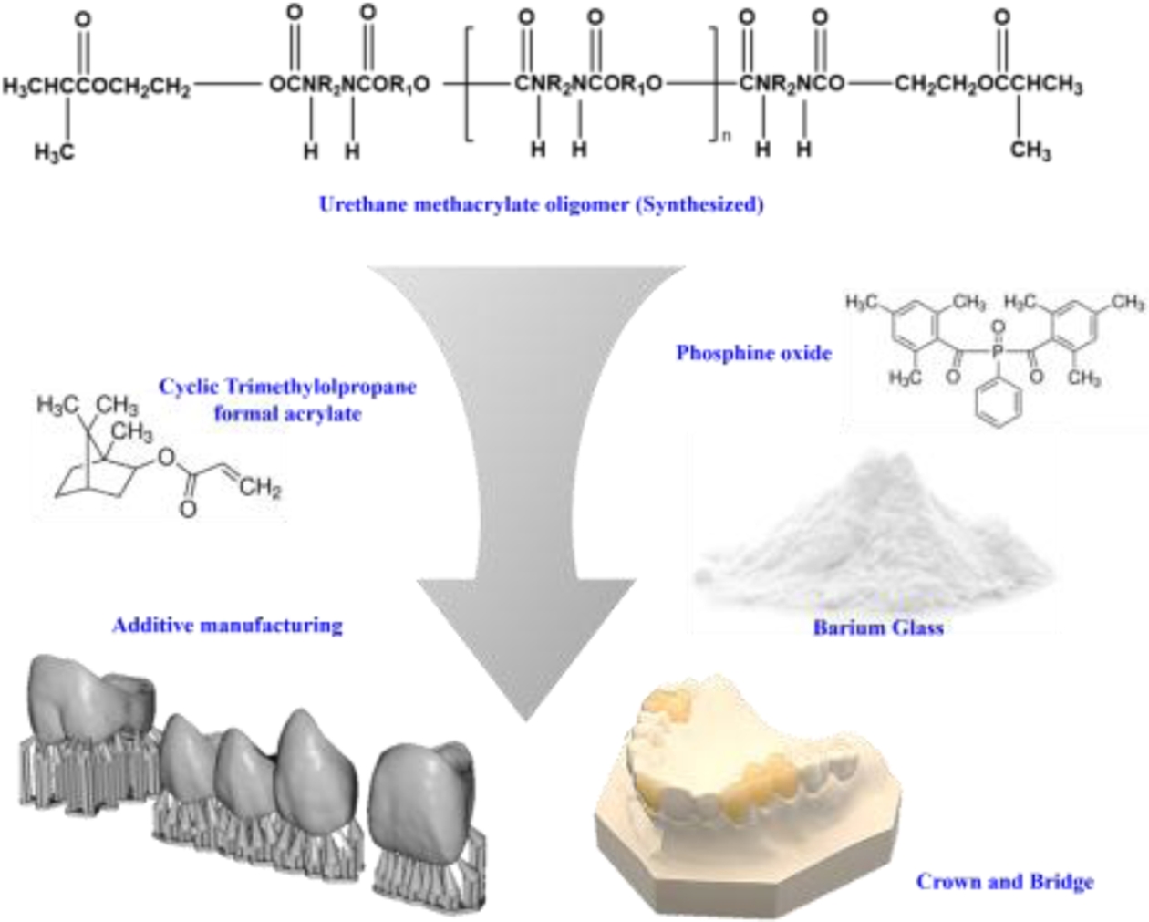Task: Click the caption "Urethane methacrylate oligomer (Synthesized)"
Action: pos(541,204)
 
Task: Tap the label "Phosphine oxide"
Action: pos(753,353)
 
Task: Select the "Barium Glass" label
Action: pos(877,627)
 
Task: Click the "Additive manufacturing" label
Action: pos(227,626)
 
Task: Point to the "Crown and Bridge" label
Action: pos(1004,881)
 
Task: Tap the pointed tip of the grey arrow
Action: pos(525,717)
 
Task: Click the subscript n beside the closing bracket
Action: pos(726,136)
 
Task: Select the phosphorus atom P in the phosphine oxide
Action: pos(997,350)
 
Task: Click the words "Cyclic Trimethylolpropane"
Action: pos(287,387)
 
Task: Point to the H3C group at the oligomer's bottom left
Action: pos(54,152)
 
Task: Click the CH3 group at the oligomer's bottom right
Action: pos(1030,150)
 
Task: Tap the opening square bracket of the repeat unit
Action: pos(470,85)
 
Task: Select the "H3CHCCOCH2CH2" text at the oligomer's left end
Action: pos(96,87)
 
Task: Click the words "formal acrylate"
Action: pos(287,414)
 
